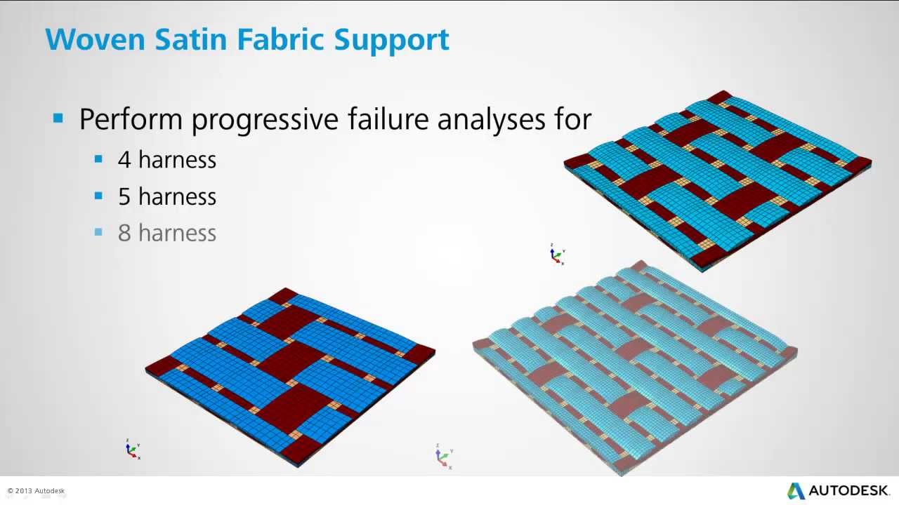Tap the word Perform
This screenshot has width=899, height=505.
(131, 120)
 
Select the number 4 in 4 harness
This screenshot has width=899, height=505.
(124, 160)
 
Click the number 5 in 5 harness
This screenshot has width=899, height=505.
(124, 197)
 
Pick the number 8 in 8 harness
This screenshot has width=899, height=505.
(124, 234)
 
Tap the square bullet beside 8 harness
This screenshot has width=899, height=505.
(98, 232)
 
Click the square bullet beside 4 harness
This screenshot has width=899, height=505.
(98, 159)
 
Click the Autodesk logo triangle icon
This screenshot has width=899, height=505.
(796, 490)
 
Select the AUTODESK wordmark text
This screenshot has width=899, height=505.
(849, 490)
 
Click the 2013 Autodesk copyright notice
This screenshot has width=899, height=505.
(36, 491)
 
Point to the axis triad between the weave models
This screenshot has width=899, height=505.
(556, 254)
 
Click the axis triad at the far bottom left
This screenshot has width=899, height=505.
(132, 449)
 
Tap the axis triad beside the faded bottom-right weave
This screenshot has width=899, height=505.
(443, 456)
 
